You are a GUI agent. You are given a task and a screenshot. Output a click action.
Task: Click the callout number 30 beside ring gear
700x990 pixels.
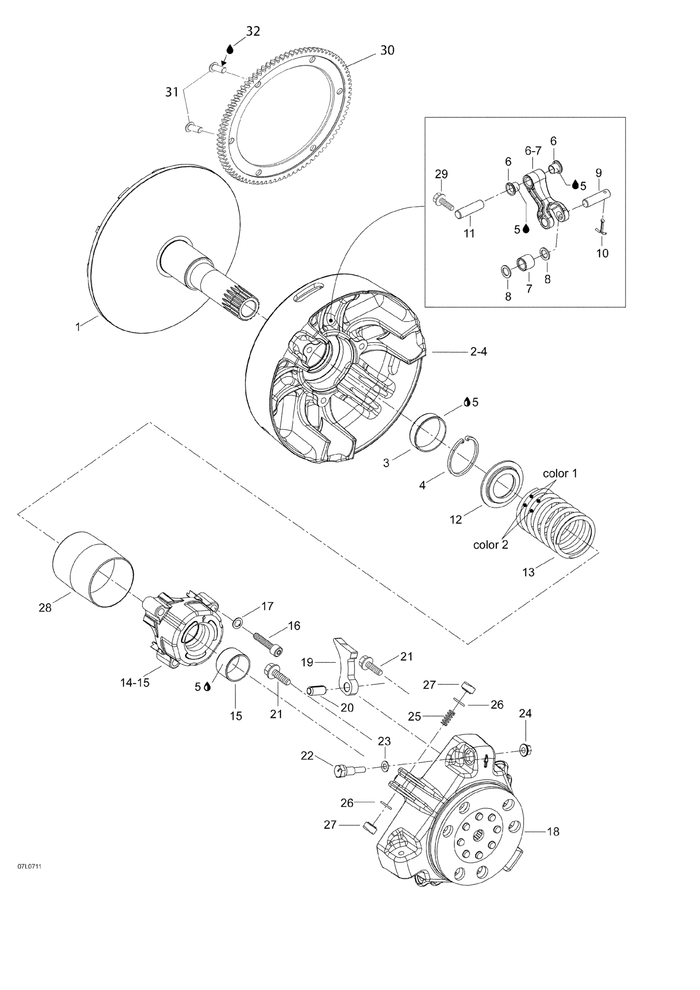[387, 50]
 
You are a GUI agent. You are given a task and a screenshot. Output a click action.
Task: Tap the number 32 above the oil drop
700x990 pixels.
[253, 31]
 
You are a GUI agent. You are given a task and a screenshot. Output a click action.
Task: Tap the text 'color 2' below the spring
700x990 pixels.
[491, 544]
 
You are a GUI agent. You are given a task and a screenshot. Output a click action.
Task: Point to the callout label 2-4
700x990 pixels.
[478, 352]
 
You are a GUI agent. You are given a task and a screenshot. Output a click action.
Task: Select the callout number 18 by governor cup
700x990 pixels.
[553, 832]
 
